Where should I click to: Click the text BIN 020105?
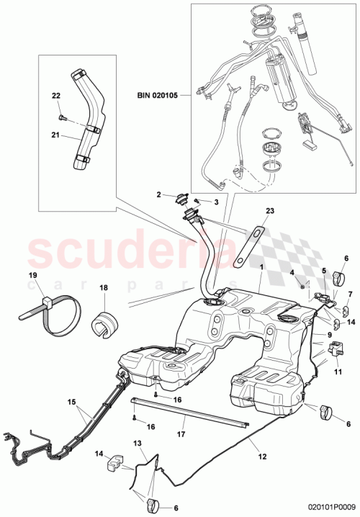pos(160,94)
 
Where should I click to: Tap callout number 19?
pos(32,274)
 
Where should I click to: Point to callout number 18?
pos(102,287)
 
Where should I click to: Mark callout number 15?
pos(71,401)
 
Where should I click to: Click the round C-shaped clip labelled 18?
pos(106,323)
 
